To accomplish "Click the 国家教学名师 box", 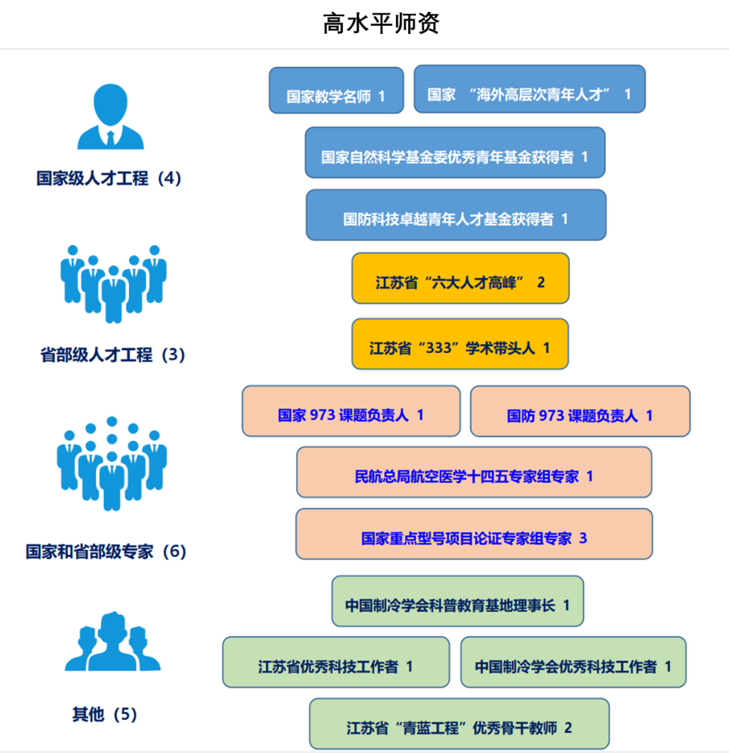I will tap(336, 91).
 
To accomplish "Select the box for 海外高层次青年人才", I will tap(529, 89).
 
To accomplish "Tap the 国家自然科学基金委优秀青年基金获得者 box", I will tap(454, 153).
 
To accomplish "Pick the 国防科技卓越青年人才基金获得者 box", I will tap(456, 215).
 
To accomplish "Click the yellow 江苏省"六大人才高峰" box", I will tap(460, 279).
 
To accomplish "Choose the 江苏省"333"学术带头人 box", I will tap(460, 344).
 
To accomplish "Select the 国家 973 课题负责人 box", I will tap(351, 411).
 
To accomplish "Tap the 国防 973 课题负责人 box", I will tap(580, 412).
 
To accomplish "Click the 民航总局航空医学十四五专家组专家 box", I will tap(473, 472).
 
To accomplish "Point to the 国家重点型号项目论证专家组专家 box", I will tap(473, 534).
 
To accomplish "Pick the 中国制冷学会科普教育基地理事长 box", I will tap(457, 601).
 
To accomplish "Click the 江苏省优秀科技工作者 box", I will tap(336, 662).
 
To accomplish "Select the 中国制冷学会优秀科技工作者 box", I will tap(573, 662).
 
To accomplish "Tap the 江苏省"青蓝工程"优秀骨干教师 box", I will tap(459, 724).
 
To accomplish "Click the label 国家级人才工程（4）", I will tap(109, 178).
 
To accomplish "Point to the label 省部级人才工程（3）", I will tap(113, 355).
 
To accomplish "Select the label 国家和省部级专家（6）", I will tap(107, 551).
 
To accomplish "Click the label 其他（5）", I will tap(105, 714).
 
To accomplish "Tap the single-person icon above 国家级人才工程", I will tap(110, 117).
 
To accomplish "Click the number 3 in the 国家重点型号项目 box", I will tap(583, 538).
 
